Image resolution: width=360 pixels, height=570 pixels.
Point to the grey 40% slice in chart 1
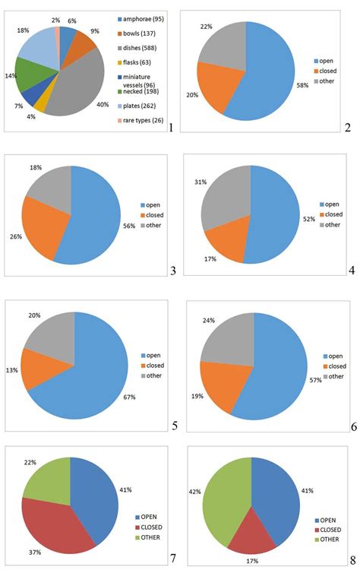(x=76, y=80)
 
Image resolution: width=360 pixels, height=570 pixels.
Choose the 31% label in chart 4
(x=201, y=182)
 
